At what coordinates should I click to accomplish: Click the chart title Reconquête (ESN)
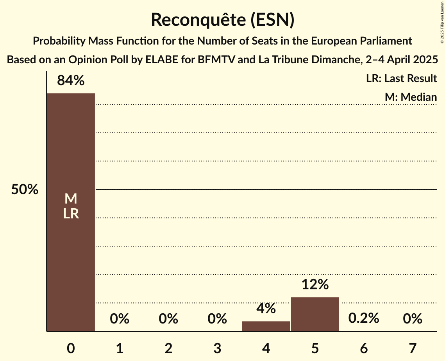click(222, 20)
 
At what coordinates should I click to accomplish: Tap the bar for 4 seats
click(266, 326)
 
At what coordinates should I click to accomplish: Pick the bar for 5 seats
click(315, 314)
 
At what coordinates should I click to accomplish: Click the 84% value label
click(71, 80)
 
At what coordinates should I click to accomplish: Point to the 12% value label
click(315, 284)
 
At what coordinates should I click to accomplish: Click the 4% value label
click(266, 309)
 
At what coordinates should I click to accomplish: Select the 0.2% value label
click(364, 318)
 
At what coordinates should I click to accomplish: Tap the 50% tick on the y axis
click(25, 190)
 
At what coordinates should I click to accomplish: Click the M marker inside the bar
click(71, 199)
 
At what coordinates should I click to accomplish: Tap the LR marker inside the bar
click(71, 214)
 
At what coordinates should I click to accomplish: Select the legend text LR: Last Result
click(401, 79)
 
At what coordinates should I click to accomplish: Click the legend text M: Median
click(410, 97)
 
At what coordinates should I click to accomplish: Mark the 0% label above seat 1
click(120, 319)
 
